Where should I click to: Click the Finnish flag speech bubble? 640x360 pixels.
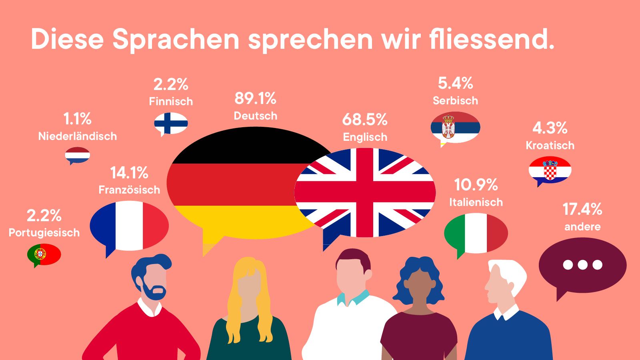click(x=171, y=123)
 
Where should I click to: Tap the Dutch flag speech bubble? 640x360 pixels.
click(x=78, y=155)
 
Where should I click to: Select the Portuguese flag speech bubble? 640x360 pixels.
click(x=44, y=254)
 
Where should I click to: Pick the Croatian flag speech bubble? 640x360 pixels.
click(x=550, y=170)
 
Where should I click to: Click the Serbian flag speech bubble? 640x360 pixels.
click(x=455, y=127)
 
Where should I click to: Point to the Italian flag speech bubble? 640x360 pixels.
click(x=476, y=233)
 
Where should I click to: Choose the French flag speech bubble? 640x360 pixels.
click(x=129, y=226)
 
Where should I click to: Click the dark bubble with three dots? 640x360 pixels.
click(x=582, y=265)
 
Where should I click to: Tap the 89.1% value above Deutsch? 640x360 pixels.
click(x=255, y=98)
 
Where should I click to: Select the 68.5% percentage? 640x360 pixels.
click(x=365, y=120)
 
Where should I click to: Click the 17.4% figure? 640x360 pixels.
click(x=582, y=209)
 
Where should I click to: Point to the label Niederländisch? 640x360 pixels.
click(x=78, y=136)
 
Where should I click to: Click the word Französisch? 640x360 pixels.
click(x=129, y=190)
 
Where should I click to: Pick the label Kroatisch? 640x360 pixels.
click(x=550, y=145)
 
